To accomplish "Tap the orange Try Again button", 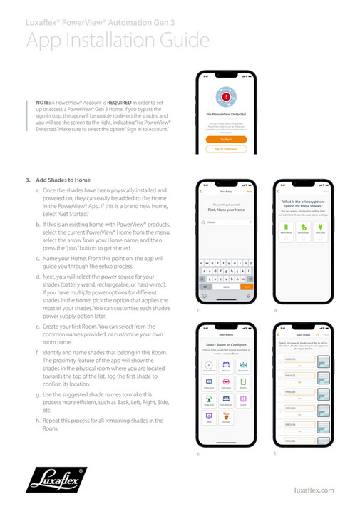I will pos(226,140).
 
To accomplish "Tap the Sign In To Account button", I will pos(226,149).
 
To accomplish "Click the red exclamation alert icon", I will pos(226,96).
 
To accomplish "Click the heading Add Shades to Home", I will pos(63,180).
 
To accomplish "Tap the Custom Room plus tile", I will pos(209,366).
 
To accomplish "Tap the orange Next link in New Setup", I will pos(249,192).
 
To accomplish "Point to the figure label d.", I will pos(275,311).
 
